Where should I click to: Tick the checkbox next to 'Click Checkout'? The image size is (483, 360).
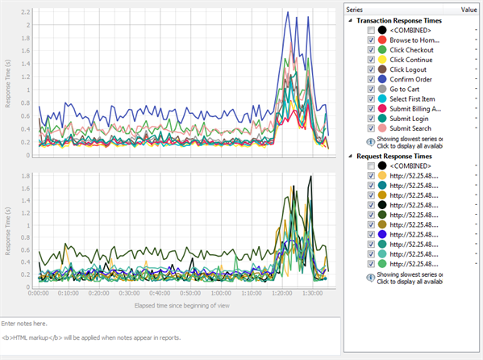pos(371,49)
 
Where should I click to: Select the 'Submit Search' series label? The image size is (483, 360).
pos(411,128)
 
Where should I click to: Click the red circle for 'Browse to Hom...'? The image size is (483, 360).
pos(381,40)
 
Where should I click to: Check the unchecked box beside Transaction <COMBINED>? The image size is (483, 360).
pos(371,30)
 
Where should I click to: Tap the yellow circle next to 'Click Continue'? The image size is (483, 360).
pos(381,60)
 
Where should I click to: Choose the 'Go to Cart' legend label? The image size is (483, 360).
pos(407,89)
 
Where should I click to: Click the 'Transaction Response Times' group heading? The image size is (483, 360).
pos(401,20)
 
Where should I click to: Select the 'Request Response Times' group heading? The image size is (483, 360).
pos(395,156)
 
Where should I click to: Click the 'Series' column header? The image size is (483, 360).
pos(356,9)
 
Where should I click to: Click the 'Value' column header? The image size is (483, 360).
pos(468,9)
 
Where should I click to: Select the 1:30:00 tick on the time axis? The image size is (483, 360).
pos(310,294)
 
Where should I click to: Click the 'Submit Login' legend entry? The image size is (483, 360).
pos(410,119)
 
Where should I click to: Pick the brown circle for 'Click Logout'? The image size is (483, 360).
pos(381,69)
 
